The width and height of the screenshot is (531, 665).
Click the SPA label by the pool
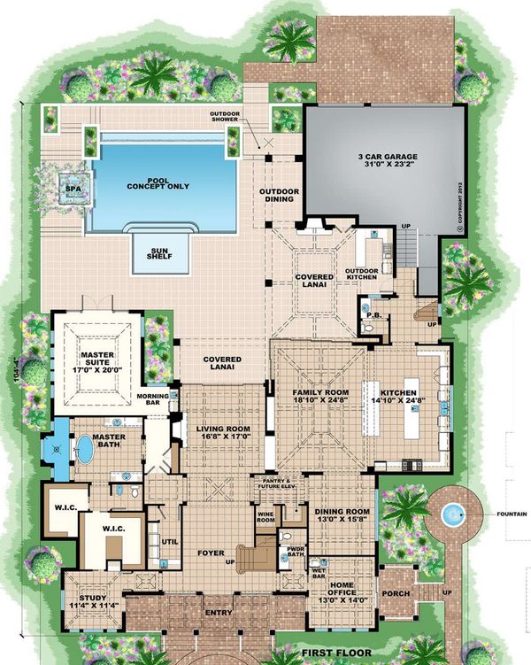tap(67, 189)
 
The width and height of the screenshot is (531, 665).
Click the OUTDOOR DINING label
tap(280, 196)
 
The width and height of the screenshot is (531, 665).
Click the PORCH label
tap(394, 593)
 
